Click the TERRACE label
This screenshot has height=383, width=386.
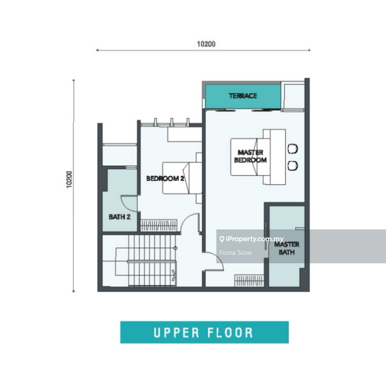click(x=243, y=96)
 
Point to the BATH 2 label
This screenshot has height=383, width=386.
click(x=120, y=217)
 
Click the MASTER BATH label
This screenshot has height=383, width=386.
click(x=287, y=248)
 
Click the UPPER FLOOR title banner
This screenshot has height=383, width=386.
click(x=204, y=332)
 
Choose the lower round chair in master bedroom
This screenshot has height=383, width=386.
click(x=293, y=166)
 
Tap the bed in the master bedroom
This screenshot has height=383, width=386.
click(x=251, y=157)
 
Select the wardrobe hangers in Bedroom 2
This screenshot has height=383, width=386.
click(x=159, y=225)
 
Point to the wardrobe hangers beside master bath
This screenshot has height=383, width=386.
click(x=249, y=280)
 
